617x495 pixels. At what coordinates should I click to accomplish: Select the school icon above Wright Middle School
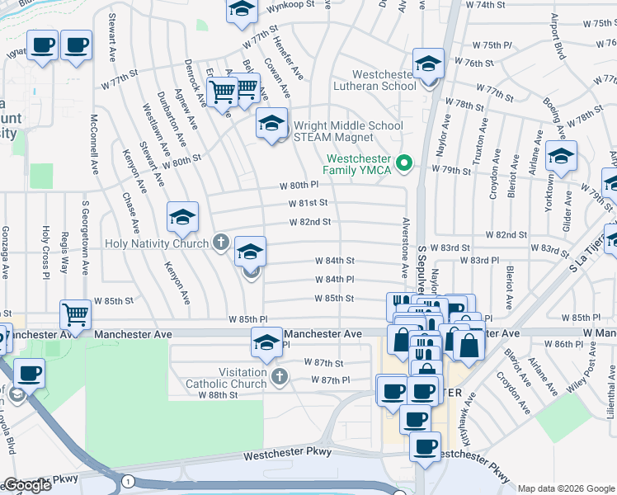pos(271,124)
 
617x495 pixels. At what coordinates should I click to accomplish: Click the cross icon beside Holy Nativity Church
pos(219,243)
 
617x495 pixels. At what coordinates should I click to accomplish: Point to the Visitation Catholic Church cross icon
pos(280,378)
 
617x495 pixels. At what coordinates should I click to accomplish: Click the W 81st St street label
pos(308,203)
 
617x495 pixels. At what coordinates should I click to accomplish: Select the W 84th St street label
pos(334,261)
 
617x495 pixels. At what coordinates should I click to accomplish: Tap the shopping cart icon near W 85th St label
pos(75,314)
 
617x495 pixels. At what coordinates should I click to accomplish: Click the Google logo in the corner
pos(26,485)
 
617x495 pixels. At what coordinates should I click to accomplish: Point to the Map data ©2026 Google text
pos(566,488)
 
